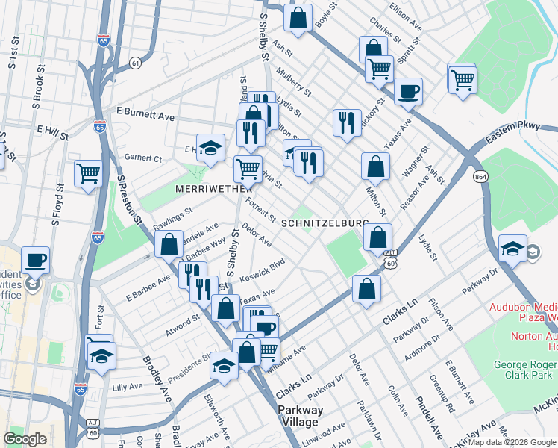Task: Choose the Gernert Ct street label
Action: (142, 158)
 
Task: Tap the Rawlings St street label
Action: (173, 217)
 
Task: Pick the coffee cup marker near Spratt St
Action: (408, 91)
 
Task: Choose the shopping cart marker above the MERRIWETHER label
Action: (248, 167)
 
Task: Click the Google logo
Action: (25, 439)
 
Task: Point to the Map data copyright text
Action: (512, 442)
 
